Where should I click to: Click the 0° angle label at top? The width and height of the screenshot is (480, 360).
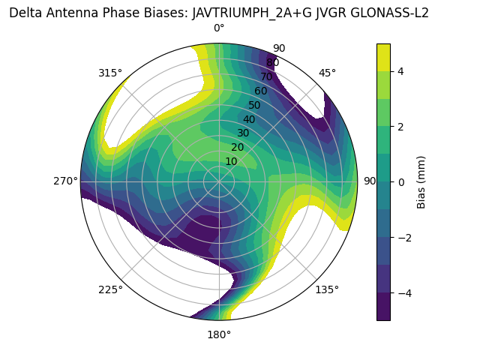(219, 28)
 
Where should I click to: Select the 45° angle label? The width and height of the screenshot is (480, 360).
(327, 73)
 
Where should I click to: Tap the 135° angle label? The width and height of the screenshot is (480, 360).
(327, 289)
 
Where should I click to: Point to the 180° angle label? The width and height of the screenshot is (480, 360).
(219, 334)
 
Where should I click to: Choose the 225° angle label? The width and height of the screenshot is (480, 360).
(110, 289)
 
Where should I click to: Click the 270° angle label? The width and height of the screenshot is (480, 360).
(65, 181)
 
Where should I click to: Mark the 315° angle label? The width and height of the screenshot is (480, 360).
(110, 73)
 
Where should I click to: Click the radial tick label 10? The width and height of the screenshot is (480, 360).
(231, 161)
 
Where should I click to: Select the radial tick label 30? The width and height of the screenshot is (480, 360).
(243, 133)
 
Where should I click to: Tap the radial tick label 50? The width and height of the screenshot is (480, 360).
(254, 105)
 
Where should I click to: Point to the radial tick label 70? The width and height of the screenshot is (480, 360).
(266, 76)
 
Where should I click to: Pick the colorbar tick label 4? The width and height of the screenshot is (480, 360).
(400, 71)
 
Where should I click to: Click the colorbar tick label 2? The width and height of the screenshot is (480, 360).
(400, 127)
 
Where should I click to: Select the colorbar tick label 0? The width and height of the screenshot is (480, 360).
(400, 182)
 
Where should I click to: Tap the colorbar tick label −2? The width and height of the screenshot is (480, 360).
(403, 238)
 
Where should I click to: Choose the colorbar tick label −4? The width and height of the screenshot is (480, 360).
(403, 293)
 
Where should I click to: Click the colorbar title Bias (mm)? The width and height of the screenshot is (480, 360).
(421, 181)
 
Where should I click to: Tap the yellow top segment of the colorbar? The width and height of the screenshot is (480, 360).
(383, 57)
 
